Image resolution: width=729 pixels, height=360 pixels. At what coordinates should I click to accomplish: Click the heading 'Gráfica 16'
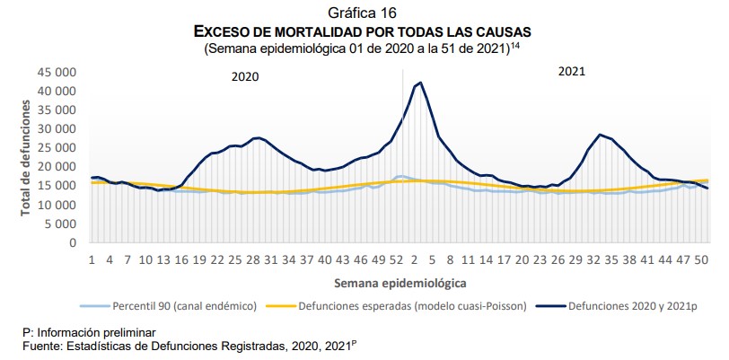coord(364,13)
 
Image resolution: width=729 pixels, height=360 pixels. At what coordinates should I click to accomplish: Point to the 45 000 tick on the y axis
coord(57,72)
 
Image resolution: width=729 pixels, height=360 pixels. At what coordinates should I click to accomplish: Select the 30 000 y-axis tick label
coord(57,129)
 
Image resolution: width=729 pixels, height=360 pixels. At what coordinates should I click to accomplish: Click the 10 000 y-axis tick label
coord(57,205)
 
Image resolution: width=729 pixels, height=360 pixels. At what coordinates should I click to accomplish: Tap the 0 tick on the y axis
coord(72,242)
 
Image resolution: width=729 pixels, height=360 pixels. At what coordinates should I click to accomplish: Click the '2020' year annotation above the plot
coord(245,77)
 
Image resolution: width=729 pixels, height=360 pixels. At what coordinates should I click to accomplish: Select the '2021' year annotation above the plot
coord(572,72)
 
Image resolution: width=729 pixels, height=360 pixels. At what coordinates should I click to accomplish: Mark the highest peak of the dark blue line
coord(420,83)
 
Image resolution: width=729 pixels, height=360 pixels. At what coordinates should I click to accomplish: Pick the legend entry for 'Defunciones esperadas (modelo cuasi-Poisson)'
coord(405,306)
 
